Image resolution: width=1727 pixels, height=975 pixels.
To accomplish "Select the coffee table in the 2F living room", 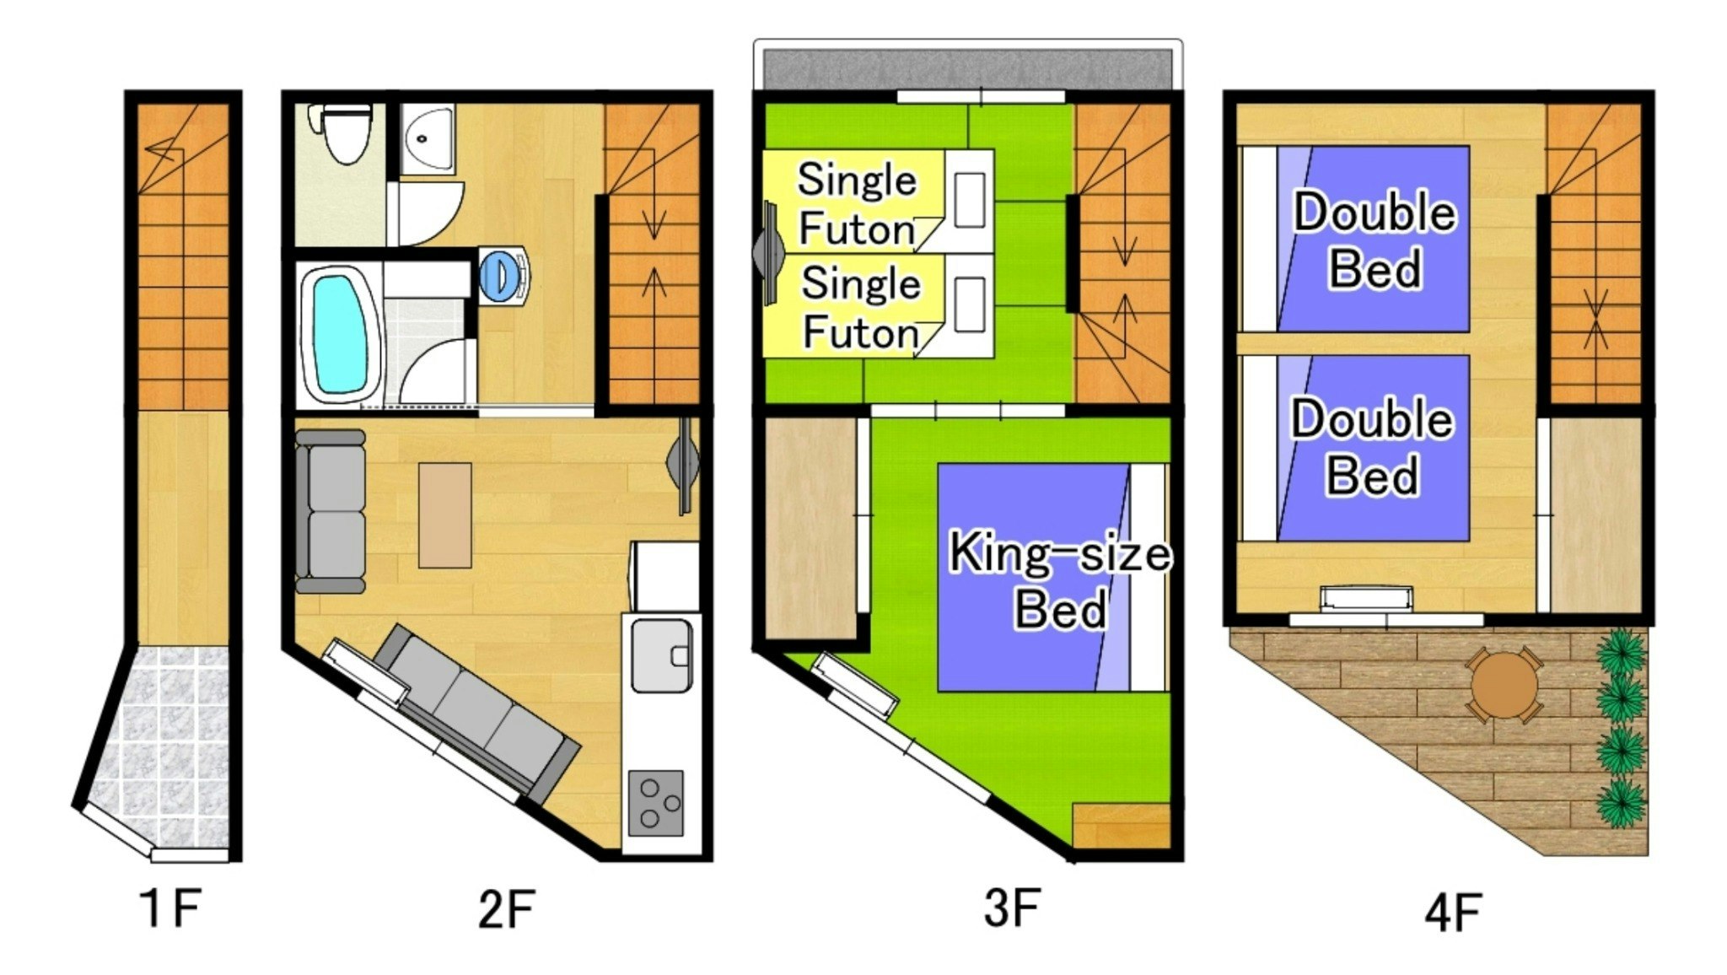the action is pyautogui.click(x=445, y=515).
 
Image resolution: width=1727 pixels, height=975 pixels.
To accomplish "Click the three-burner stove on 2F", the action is pyautogui.click(x=656, y=802).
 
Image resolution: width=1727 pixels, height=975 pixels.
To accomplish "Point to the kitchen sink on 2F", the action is pyautogui.click(x=661, y=655).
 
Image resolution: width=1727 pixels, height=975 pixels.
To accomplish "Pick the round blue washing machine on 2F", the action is pyautogui.click(x=504, y=273).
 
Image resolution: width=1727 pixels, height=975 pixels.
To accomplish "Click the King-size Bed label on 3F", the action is pyautogui.click(x=1060, y=580).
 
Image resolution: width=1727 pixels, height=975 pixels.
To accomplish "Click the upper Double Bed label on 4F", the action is pyautogui.click(x=1375, y=240).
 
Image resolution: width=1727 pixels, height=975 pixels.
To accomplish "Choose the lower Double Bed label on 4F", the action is pyautogui.click(x=1372, y=446).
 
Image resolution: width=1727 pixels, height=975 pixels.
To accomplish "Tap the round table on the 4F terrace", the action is pyautogui.click(x=1504, y=685).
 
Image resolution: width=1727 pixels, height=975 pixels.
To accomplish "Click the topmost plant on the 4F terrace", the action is pyautogui.click(x=1621, y=651).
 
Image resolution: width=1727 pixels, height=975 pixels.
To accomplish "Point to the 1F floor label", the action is pyautogui.click(x=170, y=908).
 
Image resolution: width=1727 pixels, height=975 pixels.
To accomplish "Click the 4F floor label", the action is pyautogui.click(x=1453, y=912).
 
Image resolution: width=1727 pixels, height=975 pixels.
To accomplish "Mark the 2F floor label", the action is pyautogui.click(x=507, y=909).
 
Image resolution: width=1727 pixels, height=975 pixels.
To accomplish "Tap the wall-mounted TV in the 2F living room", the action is pyautogui.click(x=684, y=465).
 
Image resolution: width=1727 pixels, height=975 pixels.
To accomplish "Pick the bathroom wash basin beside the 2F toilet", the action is pyautogui.click(x=427, y=138).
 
